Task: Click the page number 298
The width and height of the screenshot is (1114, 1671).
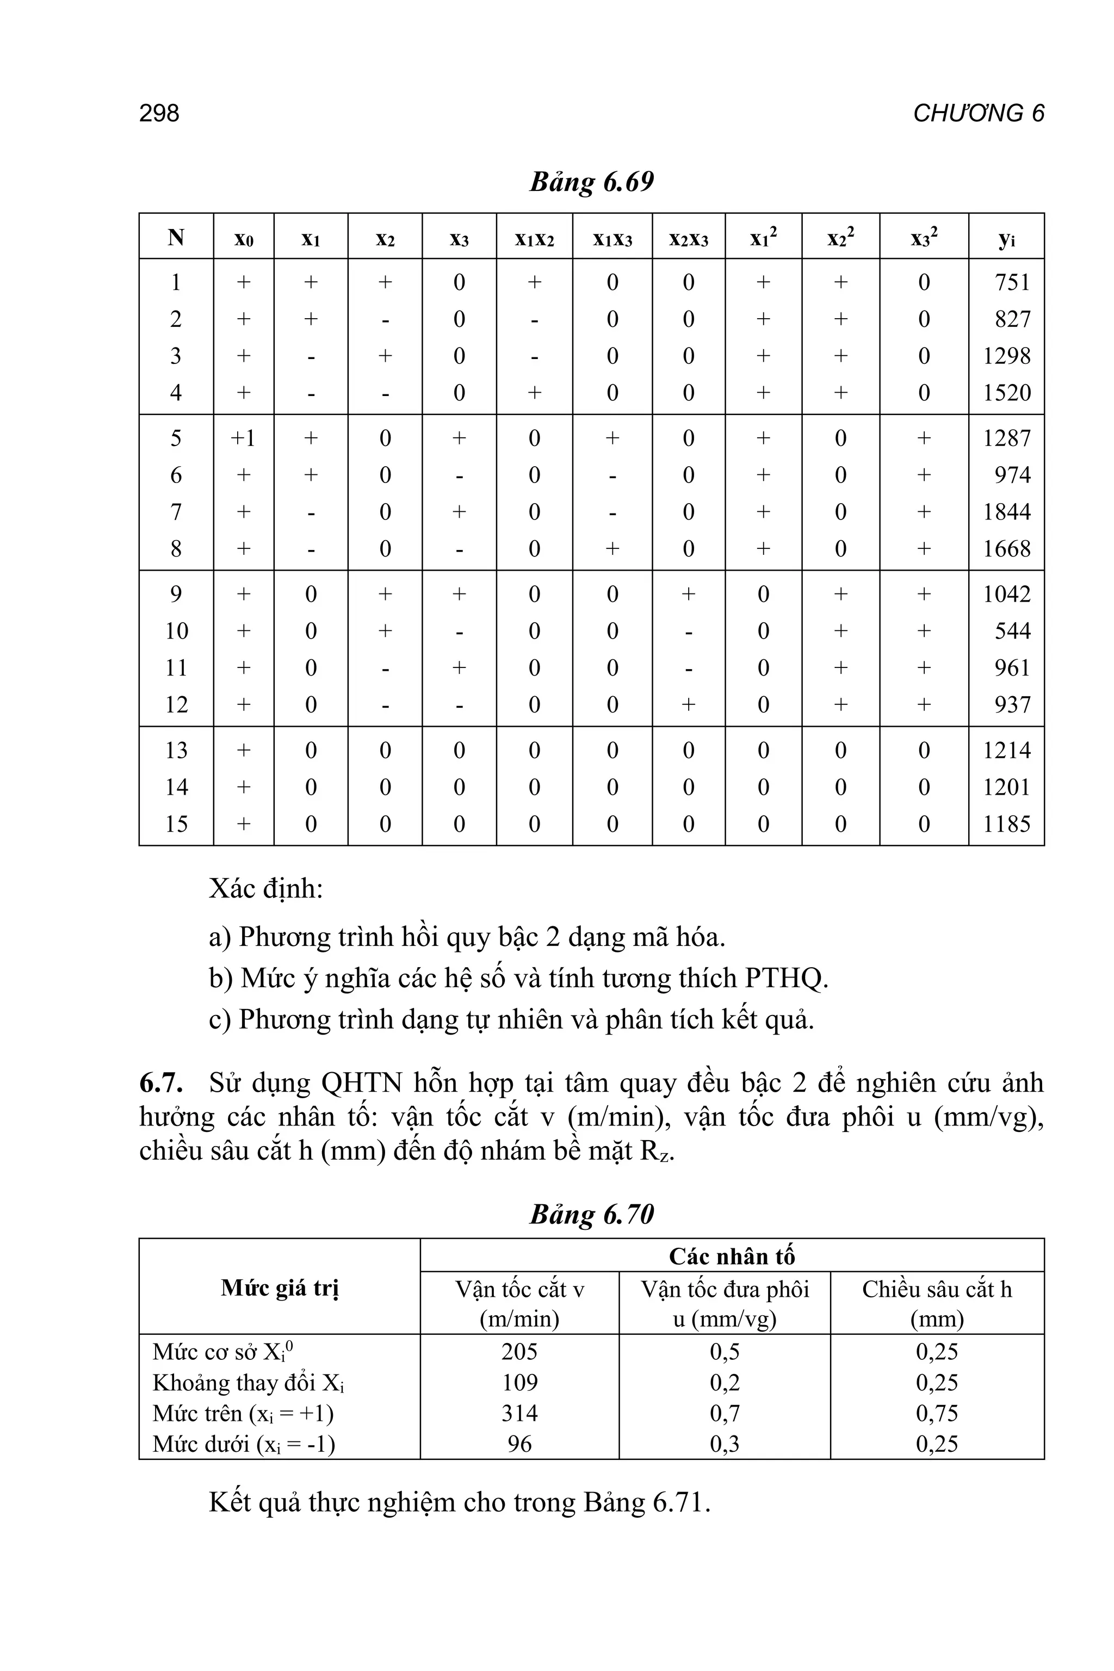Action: tap(159, 114)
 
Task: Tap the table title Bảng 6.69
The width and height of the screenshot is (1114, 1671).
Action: tap(591, 183)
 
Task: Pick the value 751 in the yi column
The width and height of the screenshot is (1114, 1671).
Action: tap(1012, 283)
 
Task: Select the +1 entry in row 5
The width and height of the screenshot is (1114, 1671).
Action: tap(243, 438)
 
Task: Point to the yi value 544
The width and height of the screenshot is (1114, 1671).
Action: tap(1012, 631)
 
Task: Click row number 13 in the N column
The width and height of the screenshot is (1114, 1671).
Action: tap(176, 750)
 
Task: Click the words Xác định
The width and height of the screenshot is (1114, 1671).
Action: tap(265, 889)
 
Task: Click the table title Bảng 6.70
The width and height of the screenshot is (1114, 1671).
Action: tap(591, 1214)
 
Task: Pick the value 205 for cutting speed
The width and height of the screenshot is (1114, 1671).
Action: tap(519, 1351)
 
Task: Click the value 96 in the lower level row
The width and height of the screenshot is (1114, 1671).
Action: tap(519, 1444)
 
